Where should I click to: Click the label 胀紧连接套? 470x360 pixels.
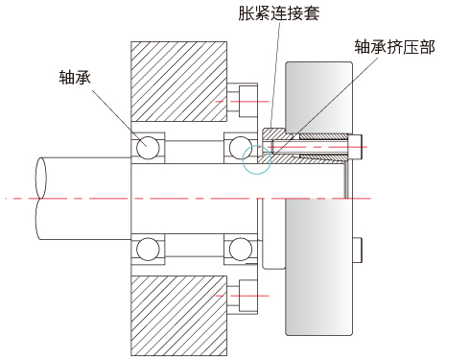(278, 13)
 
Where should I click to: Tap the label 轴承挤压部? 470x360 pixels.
(394, 47)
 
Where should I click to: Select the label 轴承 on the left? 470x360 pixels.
(75, 77)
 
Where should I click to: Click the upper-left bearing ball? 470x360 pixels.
(148, 148)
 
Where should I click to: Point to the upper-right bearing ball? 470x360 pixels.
(241, 148)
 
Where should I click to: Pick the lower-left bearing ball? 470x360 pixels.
(148, 249)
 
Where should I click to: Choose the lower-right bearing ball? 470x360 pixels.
(241, 249)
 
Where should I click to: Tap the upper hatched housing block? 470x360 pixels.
(178, 82)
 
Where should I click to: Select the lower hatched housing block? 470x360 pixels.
(178, 316)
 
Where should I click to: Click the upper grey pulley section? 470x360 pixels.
(318, 98)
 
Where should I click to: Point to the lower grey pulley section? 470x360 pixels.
(318, 267)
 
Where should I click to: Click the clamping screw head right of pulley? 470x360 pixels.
(355, 147)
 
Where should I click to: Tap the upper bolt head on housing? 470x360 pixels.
(248, 102)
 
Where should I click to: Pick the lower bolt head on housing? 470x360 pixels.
(248, 296)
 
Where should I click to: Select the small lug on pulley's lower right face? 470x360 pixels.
(357, 250)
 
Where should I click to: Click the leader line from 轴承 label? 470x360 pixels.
(120, 118)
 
